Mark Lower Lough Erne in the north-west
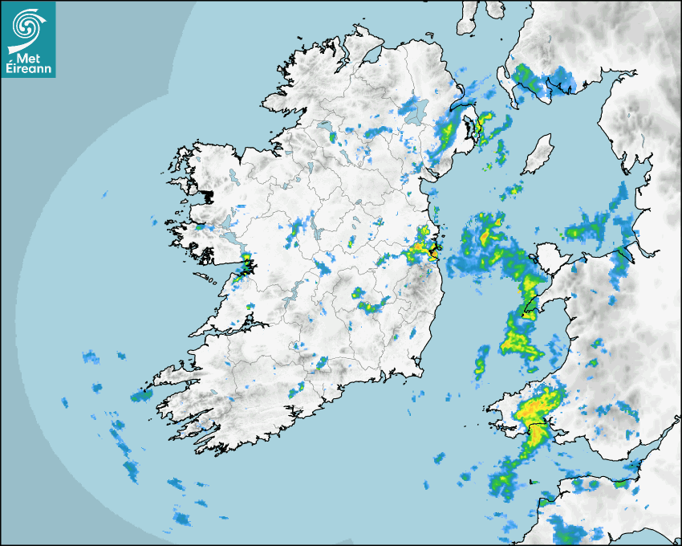pyautogui.click(x=325, y=127)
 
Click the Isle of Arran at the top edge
pyautogui.click(x=468, y=18)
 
